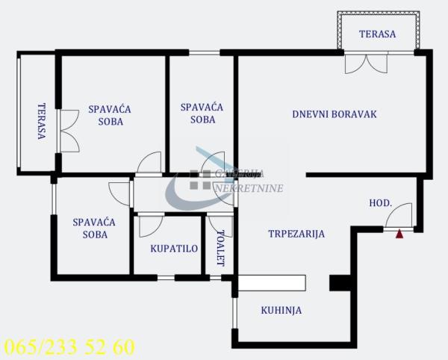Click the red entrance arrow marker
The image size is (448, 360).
[x=399, y=234]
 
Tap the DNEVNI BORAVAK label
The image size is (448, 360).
[x=335, y=115]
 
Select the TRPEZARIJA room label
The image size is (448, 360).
[x=296, y=234]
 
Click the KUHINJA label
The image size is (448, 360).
[x=281, y=310]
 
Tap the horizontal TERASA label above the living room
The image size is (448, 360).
[x=377, y=34]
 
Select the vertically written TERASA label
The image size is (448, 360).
[x=41, y=122]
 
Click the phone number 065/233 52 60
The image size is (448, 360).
[x=69, y=347]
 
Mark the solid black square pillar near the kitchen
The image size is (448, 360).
[x=340, y=282]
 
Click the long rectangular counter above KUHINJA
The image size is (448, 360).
[x=272, y=282]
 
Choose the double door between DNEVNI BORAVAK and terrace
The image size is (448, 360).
[x=366, y=63]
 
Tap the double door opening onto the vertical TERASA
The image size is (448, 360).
[x=68, y=131]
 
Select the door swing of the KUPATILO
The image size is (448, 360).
[x=149, y=226]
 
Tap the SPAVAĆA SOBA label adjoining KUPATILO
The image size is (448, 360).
[x=93, y=228]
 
